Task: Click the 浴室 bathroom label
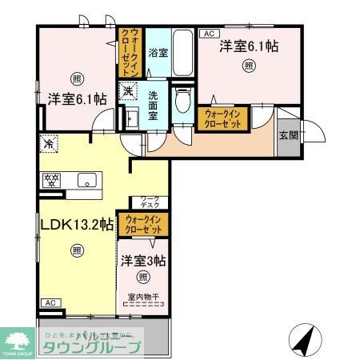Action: (158, 54)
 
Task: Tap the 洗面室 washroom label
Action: (157, 106)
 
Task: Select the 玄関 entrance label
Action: (288, 134)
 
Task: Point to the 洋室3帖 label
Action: (144, 260)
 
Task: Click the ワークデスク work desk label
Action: (150, 201)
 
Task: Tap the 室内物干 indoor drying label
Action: (143, 298)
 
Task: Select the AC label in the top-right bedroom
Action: (210, 34)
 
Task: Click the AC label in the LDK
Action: (49, 302)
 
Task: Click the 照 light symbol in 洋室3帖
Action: (142, 278)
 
